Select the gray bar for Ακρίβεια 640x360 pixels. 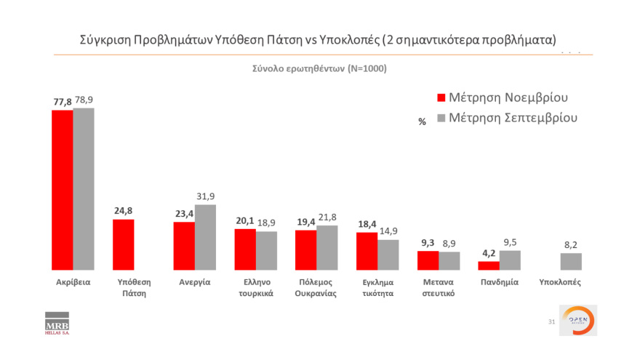click(x=84, y=189)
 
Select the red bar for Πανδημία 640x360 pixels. click(x=489, y=265)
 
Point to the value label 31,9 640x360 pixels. click(x=206, y=196)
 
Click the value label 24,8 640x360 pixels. click(x=123, y=211)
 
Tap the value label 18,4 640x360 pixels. click(x=366, y=224)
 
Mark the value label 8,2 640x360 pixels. click(x=571, y=245)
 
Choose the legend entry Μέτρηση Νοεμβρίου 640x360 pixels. click(x=502, y=97)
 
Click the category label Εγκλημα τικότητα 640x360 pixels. click(x=377, y=288)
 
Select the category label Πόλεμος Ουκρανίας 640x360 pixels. click(x=316, y=288)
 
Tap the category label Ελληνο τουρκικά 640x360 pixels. click(x=255, y=288)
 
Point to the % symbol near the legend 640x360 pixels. click(x=422, y=122)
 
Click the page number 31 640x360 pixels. click(x=551, y=321)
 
